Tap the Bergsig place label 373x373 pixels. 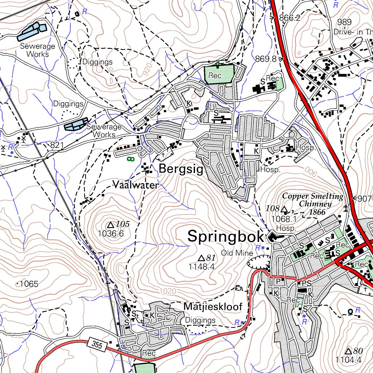pos(181,169)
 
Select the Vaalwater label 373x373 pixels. pos(136,185)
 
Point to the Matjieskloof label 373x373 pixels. pos(213,307)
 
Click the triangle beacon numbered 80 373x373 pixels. pos(348,351)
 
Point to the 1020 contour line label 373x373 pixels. pos(168,291)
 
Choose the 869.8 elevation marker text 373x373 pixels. pos(266,59)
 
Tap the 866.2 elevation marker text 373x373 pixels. pos(290,18)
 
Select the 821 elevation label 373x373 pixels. pos(57,146)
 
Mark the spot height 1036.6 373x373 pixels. pos(111,234)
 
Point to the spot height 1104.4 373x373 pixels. pos(348,360)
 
